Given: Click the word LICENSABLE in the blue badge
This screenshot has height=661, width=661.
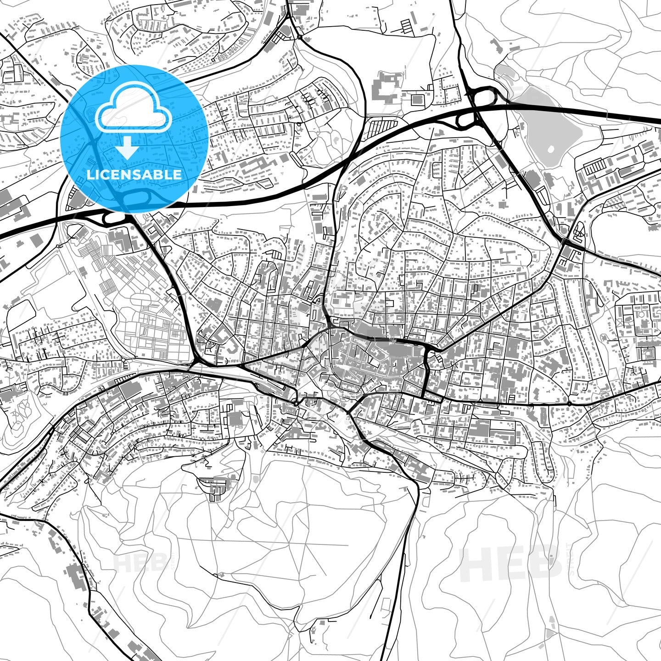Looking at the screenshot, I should click(134, 174).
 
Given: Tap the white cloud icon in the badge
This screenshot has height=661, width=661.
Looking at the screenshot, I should click(133, 113).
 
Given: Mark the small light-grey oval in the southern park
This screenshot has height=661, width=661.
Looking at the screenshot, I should click(255, 480).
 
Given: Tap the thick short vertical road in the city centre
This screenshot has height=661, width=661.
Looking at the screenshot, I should click(426, 374).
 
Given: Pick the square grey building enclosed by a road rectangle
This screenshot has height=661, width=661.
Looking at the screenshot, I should click(417, 99).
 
